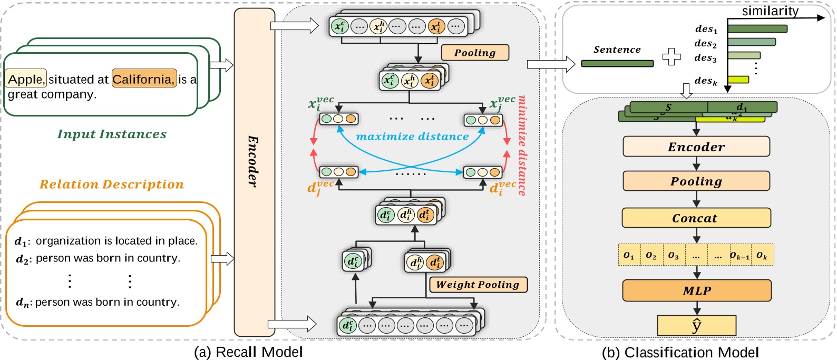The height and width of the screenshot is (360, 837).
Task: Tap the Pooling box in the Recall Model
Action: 474,53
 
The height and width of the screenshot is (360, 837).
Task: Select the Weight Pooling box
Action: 478,285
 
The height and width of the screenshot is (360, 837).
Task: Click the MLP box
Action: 696,290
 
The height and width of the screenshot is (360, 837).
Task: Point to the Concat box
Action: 696,218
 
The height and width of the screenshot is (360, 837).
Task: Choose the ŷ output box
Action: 696,325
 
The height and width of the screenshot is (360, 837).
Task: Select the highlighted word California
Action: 143,79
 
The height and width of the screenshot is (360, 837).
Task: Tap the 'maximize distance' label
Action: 412,137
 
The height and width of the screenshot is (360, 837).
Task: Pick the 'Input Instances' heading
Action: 112,134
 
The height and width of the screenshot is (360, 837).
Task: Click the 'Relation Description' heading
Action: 112,184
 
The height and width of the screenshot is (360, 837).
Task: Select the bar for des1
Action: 757,29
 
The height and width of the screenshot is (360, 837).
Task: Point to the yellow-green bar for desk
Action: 738,80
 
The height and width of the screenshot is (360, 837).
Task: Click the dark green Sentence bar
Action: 617,63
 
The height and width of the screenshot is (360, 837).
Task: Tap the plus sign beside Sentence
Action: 671,56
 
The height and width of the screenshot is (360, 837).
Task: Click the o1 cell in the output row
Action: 629,255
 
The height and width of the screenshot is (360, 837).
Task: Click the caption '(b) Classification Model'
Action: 680,352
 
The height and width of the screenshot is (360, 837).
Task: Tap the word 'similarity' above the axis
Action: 770,11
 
